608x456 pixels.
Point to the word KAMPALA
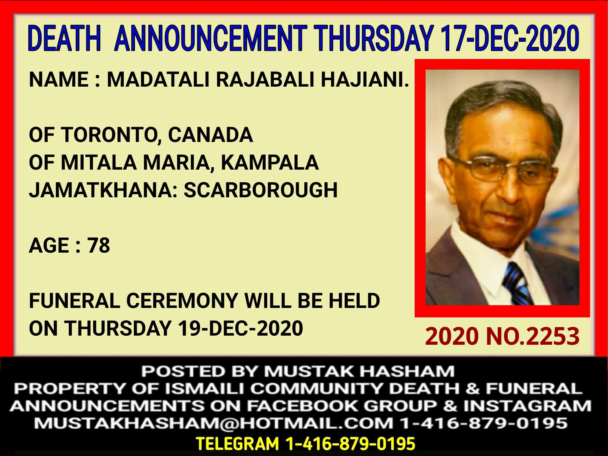point(270,162)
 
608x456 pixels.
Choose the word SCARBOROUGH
point(261,190)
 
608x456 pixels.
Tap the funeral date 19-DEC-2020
point(240,328)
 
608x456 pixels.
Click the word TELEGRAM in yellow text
point(237,444)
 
